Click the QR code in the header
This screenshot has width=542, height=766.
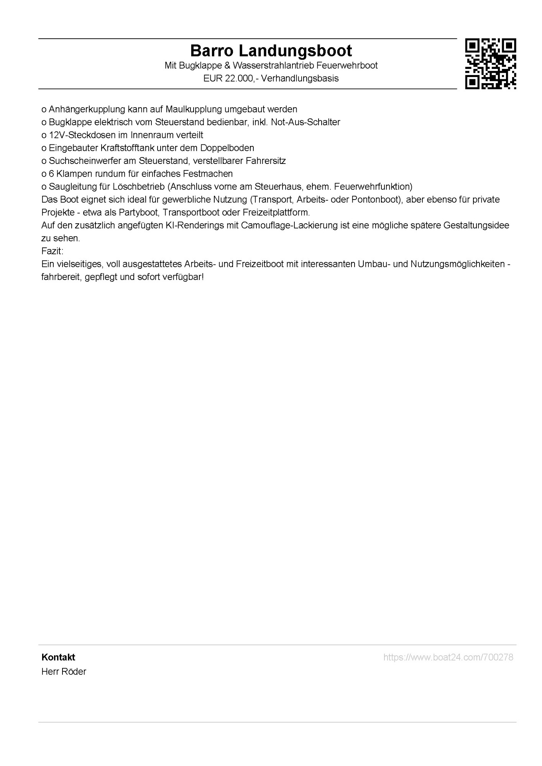tap(490, 64)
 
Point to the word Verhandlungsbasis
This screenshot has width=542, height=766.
tap(300, 79)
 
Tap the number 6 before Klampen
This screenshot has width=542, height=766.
tap(51, 174)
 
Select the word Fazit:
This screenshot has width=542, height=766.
tap(53, 251)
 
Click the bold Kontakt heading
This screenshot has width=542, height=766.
tap(58, 657)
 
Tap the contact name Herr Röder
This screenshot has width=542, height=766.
tap(64, 671)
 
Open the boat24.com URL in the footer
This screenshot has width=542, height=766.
tap(448, 657)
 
